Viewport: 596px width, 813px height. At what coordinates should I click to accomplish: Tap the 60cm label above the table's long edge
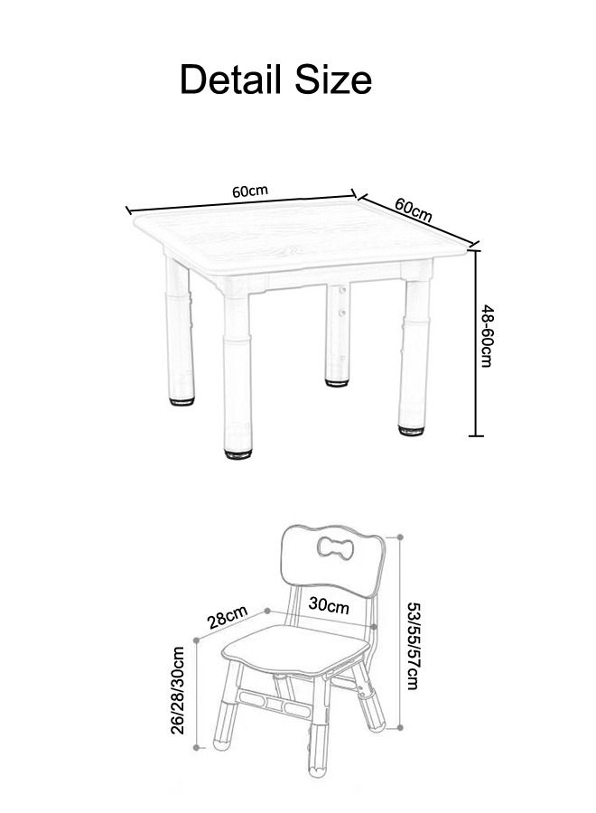click(250, 191)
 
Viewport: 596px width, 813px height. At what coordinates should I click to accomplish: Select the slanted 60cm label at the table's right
click(414, 210)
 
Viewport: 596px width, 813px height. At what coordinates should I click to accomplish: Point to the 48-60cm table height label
click(487, 336)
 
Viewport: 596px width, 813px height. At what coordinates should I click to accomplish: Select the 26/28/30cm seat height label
click(178, 689)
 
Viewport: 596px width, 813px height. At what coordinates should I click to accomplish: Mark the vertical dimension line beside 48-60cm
click(477, 343)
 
